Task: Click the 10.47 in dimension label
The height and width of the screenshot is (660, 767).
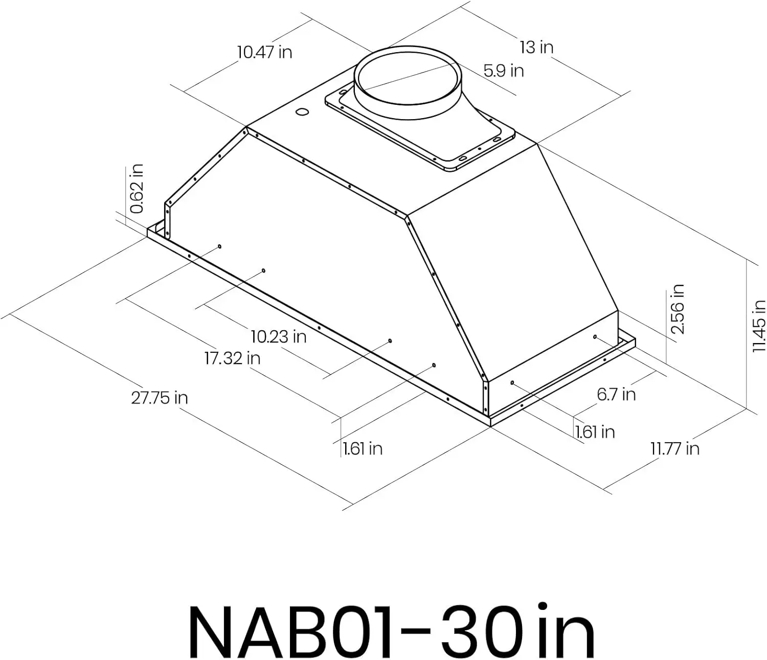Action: (x=264, y=52)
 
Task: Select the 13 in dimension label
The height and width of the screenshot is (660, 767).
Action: (x=536, y=47)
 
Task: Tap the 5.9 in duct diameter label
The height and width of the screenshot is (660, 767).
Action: (x=504, y=70)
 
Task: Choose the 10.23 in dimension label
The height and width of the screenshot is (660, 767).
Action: (x=279, y=336)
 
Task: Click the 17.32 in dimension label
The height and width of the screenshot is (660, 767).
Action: (x=232, y=358)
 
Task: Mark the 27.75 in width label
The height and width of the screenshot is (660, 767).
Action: (x=159, y=397)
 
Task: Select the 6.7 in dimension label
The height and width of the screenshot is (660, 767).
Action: (x=616, y=394)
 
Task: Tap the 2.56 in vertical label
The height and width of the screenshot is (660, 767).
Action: (x=678, y=309)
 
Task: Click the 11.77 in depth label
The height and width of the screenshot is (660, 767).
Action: (x=674, y=448)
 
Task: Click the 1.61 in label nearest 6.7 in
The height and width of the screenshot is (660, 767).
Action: (x=595, y=432)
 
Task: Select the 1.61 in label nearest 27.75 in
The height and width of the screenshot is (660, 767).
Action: (x=363, y=448)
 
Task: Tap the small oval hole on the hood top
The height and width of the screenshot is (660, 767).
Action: (x=302, y=112)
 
